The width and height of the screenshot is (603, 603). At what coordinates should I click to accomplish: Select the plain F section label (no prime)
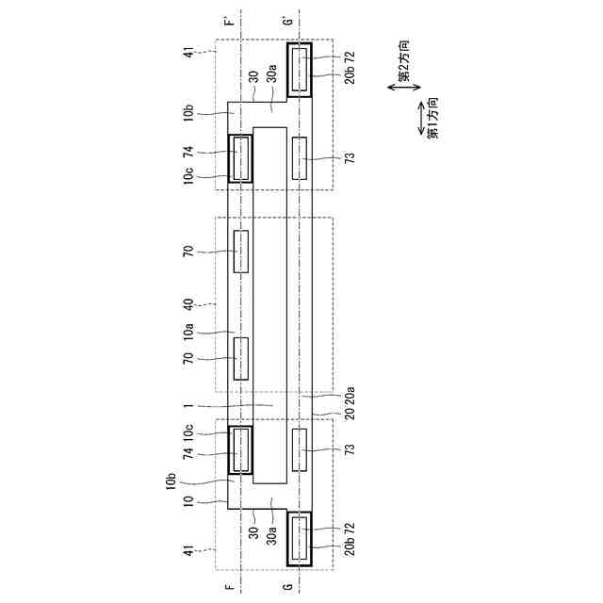pyautogui.click(x=229, y=587)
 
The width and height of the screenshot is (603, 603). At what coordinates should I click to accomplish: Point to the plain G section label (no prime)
pyautogui.click(x=288, y=587)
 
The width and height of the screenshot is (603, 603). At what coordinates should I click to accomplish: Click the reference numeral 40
pyautogui.click(x=188, y=304)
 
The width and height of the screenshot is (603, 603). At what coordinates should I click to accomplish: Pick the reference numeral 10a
pyautogui.click(x=188, y=332)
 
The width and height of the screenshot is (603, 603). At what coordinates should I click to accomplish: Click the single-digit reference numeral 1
pyautogui.click(x=188, y=406)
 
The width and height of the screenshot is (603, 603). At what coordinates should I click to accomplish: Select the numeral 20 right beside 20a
pyautogui.click(x=350, y=415)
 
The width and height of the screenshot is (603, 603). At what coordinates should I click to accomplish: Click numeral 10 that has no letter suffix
pyautogui.click(x=188, y=501)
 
